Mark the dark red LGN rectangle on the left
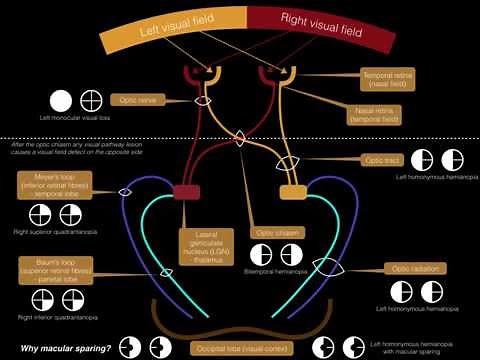click(x=187, y=191)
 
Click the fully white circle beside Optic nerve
click(x=61, y=101)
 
